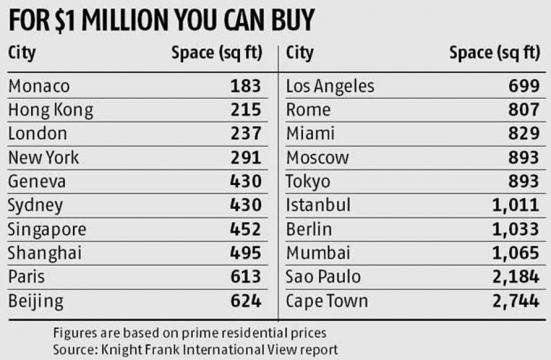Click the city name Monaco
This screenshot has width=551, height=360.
click(x=39, y=86)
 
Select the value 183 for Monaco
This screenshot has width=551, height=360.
click(x=246, y=86)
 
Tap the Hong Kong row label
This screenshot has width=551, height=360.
click(x=51, y=110)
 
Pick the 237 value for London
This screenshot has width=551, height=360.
click(x=246, y=134)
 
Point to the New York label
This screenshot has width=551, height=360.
click(x=44, y=157)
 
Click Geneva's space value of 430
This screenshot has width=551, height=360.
click(x=246, y=181)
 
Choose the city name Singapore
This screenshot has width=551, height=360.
click(x=47, y=230)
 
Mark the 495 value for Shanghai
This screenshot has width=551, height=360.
click(x=246, y=253)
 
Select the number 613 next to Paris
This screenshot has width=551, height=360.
click(x=246, y=277)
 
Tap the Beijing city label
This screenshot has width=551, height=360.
click(x=36, y=301)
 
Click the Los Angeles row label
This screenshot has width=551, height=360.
click(x=330, y=86)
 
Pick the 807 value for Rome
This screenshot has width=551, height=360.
click(x=523, y=110)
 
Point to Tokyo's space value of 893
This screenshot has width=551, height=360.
click(x=523, y=181)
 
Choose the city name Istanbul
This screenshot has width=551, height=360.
click(x=318, y=206)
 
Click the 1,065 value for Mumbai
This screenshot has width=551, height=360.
click(x=515, y=253)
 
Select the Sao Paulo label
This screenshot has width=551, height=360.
click(x=324, y=277)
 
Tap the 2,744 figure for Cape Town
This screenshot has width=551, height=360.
click(x=515, y=301)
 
